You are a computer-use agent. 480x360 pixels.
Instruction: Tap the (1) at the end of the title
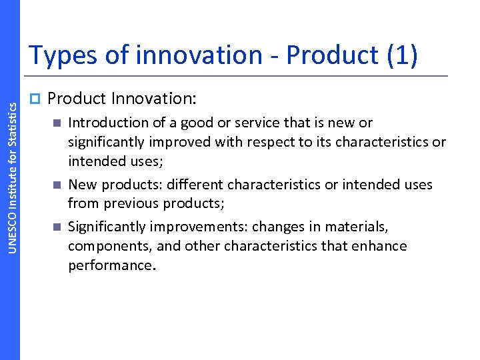pyautogui.click(x=402, y=55)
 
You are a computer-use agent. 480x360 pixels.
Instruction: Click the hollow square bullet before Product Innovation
pyautogui.click(x=36, y=99)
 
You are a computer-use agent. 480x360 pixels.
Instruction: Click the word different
pyautogui.click(x=193, y=185)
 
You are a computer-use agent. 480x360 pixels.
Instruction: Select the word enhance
pyautogui.click(x=379, y=246)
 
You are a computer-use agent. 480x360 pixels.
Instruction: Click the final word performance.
pyautogui.click(x=110, y=265)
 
